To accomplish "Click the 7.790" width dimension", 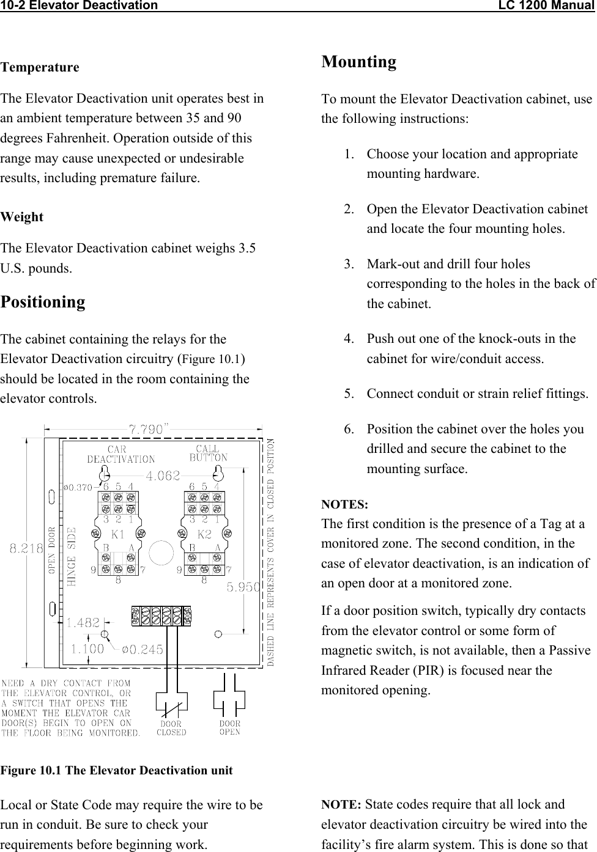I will [x=149, y=428].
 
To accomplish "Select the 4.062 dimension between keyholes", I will [x=163, y=475].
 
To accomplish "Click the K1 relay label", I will [x=119, y=534].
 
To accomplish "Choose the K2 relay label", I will [x=204, y=534].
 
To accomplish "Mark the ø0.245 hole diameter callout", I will [x=143, y=649].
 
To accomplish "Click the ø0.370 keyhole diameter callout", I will [x=78, y=487].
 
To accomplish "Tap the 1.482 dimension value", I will [x=83, y=623].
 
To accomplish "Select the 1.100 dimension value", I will [x=87, y=649].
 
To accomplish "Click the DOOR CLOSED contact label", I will [x=171, y=728].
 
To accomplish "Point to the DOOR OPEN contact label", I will [x=230, y=727].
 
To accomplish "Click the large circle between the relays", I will [x=161, y=553].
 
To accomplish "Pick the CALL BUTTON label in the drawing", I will [x=208, y=454].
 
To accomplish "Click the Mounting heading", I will [x=359, y=62].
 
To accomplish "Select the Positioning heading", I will [x=43, y=302].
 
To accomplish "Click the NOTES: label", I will [x=345, y=505].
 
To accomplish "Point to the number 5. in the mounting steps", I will [x=350, y=394].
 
